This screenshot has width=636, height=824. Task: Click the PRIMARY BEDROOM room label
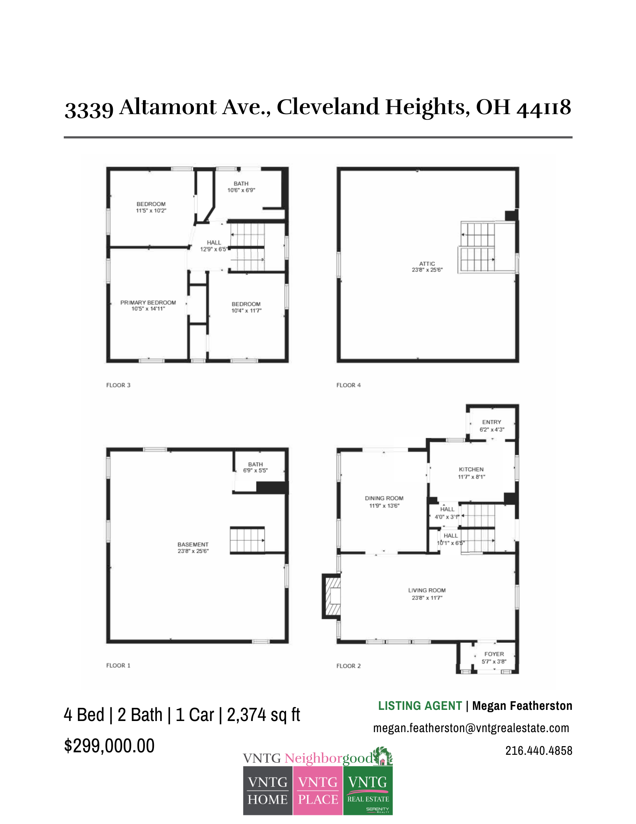[148, 302]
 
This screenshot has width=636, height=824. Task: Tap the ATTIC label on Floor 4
[427, 264]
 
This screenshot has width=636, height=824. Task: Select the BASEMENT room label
[193, 544]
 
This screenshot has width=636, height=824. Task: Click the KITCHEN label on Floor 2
[471, 469]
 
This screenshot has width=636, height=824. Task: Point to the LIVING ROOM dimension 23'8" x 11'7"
[427, 598]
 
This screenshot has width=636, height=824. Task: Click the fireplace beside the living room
[332, 596]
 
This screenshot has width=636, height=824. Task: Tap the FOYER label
[494, 654]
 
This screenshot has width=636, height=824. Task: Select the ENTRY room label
[492, 422]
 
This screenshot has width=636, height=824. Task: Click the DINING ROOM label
[384, 498]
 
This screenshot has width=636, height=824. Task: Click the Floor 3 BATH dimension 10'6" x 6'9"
[241, 190]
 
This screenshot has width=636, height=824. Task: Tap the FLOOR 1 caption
[118, 665]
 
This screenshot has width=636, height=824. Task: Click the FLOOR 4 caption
[348, 385]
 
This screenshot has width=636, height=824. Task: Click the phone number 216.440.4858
[538, 751]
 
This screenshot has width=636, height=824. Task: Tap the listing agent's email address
[471, 728]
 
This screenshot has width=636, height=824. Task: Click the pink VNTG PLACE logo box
[318, 790]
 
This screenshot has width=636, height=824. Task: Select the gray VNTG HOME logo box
[268, 790]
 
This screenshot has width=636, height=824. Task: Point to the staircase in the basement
[247, 540]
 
